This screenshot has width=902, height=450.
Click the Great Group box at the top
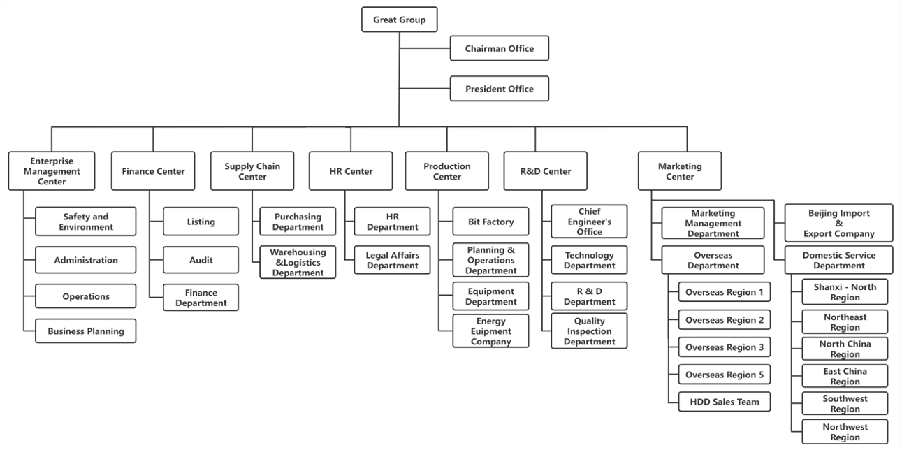click(x=399, y=20)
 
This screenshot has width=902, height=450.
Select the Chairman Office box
click(x=499, y=49)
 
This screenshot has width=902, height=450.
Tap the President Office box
click(x=499, y=89)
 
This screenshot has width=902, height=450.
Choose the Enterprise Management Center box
click(x=52, y=171)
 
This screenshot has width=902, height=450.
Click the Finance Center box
click(x=153, y=171)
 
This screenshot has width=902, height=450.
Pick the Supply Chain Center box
click(x=252, y=171)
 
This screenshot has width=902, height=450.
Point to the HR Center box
click(x=351, y=171)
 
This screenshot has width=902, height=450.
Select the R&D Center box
click(x=545, y=171)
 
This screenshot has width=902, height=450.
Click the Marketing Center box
click(x=680, y=171)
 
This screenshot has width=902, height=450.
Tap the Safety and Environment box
click(x=85, y=222)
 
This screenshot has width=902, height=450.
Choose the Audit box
click(x=201, y=260)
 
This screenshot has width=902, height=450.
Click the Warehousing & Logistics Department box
click(x=298, y=263)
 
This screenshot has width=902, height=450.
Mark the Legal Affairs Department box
click(x=392, y=260)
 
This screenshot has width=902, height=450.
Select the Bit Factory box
click(x=490, y=222)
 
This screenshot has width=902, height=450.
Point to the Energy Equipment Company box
click(x=490, y=331)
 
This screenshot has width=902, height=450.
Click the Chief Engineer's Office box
click(x=589, y=222)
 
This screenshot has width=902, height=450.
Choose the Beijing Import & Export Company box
click(x=838, y=222)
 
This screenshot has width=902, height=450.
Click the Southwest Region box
click(x=845, y=404)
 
